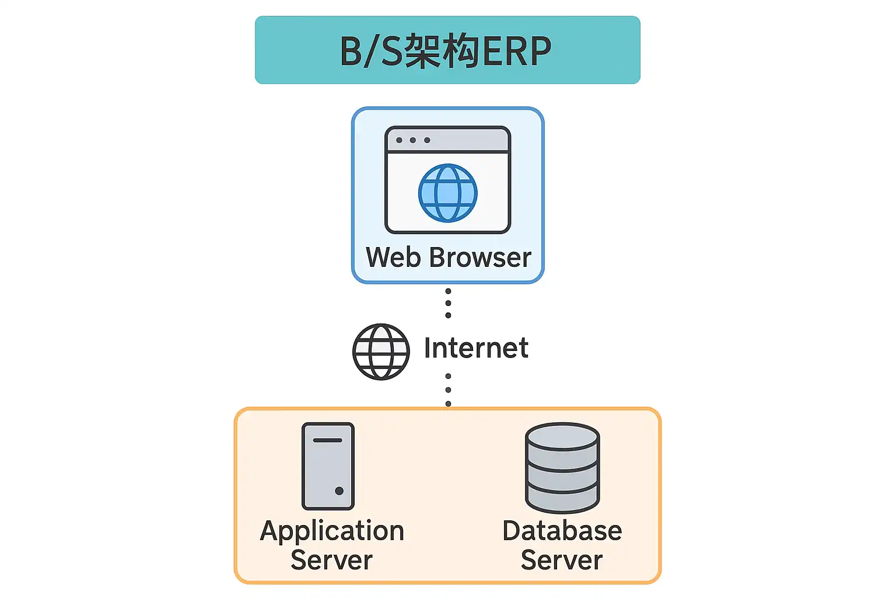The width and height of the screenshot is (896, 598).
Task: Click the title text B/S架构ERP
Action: tap(446, 51)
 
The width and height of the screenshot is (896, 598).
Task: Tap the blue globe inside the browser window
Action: tap(447, 193)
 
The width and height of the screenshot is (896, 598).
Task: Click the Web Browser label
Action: tap(448, 258)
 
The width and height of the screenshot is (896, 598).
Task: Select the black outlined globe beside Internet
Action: tap(381, 352)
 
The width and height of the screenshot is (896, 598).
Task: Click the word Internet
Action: tap(476, 348)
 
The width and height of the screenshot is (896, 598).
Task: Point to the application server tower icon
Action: tap(328, 466)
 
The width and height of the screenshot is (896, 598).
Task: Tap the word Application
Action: tap(332, 531)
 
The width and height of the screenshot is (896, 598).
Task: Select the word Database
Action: tap(562, 531)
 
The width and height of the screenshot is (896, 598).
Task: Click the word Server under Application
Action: tap(331, 560)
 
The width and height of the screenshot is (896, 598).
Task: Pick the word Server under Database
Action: tap(562, 560)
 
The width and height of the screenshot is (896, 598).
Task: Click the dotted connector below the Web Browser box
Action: tap(448, 303)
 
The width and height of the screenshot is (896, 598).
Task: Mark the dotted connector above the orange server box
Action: tap(448, 390)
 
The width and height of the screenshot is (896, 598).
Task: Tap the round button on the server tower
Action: tap(339, 491)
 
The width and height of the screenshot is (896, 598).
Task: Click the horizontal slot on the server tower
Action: tap(327, 440)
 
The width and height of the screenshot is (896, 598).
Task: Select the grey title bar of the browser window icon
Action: tap(447, 140)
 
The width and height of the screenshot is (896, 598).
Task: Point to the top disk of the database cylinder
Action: tap(562, 435)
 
